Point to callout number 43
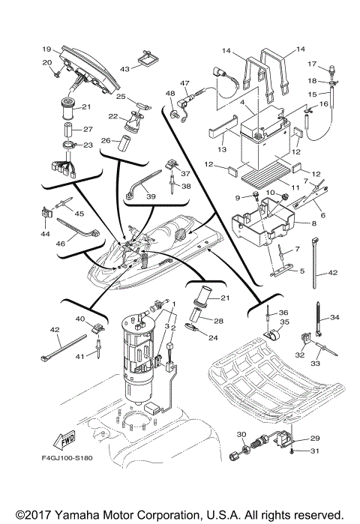click(x=125, y=68)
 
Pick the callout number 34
click(x=335, y=317)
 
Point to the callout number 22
click(x=114, y=117)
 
